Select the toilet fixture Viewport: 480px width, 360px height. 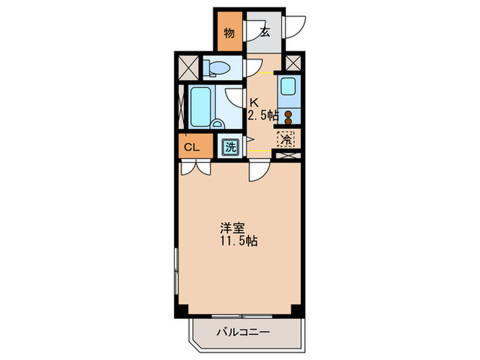point(219,67)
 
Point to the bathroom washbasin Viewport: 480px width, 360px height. point(217,124)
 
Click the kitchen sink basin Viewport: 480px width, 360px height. point(289,88)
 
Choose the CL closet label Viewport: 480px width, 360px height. point(192,146)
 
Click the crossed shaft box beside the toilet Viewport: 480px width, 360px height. point(187,67)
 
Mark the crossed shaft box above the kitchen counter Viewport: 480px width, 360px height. point(293,63)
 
